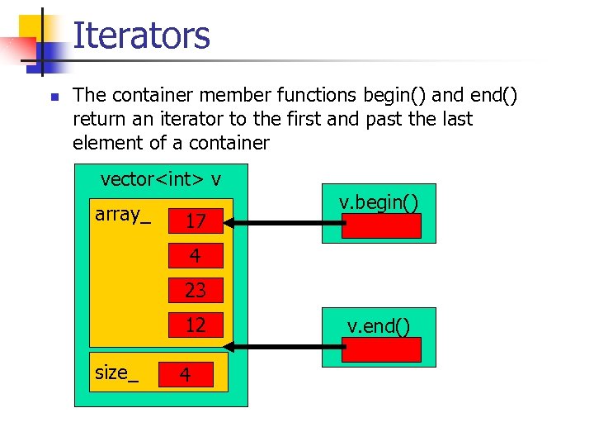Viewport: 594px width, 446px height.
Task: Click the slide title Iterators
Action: pyautogui.click(x=141, y=36)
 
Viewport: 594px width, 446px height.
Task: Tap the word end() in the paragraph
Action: pyautogui.click(x=489, y=96)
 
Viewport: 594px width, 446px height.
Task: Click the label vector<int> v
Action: pyautogui.click(x=160, y=178)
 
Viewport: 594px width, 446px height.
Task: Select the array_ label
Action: pyautogui.click(x=123, y=215)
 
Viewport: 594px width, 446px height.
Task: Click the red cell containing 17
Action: pyautogui.click(x=196, y=221)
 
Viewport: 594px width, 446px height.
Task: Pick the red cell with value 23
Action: pyautogui.click(x=196, y=290)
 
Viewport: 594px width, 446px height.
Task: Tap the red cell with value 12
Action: pyautogui.click(x=196, y=325)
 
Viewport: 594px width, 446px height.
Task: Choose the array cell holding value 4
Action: pyautogui.click(x=196, y=255)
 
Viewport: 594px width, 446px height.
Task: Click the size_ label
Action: pyautogui.click(x=116, y=372)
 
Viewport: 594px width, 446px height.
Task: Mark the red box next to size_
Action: pyautogui.click(x=186, y=375)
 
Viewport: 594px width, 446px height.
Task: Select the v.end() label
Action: pyautogui.click(x=379, y=326)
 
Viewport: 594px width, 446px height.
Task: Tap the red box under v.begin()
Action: pyautogui.click(x=381, y=225)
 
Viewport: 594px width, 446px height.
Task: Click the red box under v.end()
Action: pyautogui.click(x=381, y=349)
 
